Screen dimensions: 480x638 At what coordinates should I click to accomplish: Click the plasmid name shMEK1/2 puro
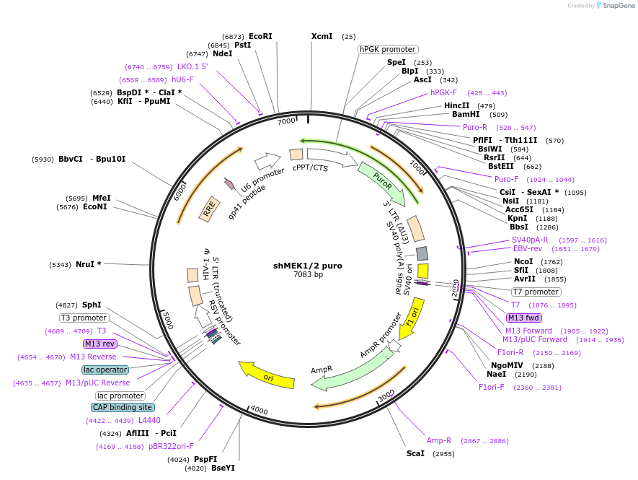308,266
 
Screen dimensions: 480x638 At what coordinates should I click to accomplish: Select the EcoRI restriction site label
260,36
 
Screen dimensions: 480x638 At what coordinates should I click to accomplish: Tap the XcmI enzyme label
322,36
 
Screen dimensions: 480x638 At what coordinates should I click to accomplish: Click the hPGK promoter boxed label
387,49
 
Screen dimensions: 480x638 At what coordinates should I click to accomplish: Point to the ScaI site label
415,453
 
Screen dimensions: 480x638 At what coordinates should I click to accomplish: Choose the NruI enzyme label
88,264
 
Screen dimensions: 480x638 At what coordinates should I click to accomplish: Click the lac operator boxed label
105,370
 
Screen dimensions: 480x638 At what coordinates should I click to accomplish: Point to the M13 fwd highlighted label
524,318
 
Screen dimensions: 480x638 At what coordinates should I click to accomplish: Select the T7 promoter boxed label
536,292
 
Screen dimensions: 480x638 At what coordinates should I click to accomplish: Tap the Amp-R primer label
439,440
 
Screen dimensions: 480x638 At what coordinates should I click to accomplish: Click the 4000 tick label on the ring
259,411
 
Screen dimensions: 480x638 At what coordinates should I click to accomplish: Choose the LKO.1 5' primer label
192,66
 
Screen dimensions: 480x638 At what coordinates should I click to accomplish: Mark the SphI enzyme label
92,305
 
